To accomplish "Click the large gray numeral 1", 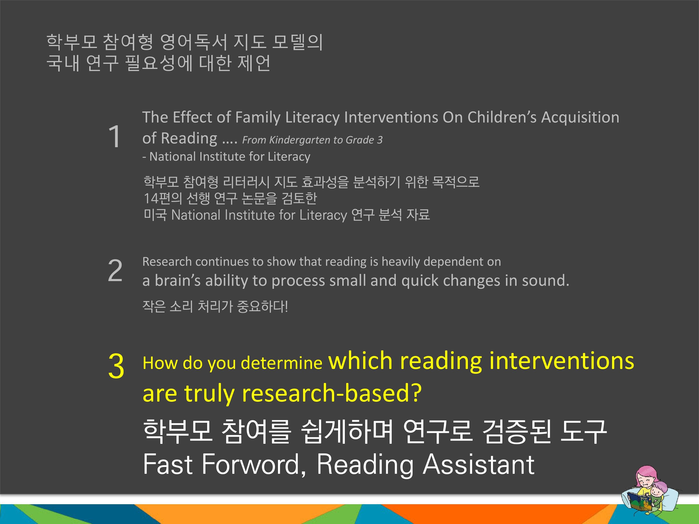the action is point(114,136).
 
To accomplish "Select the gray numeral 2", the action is point(115,270).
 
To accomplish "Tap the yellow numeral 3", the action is point(116,366).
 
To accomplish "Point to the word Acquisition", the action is point(580,117).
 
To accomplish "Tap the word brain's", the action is point(178,280).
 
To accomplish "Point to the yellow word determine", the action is point(281,363).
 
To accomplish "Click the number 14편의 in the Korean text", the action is point(163,198).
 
